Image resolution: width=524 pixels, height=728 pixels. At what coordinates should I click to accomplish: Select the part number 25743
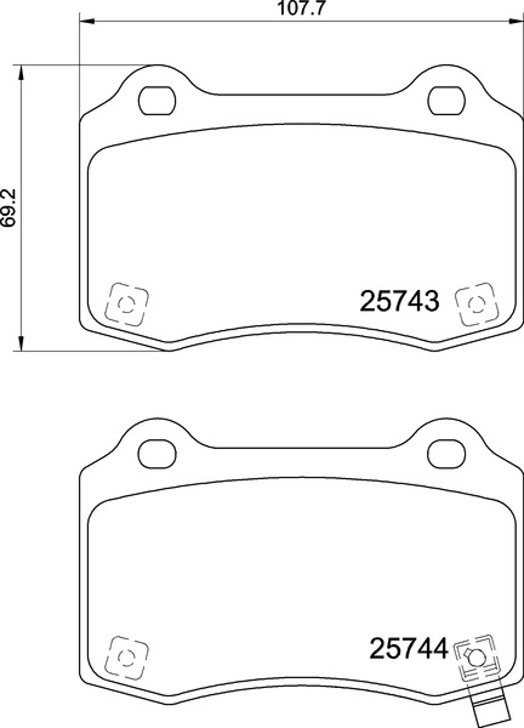[x=399, y=301]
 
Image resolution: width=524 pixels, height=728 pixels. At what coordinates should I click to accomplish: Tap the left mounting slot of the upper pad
[x=157, y=100]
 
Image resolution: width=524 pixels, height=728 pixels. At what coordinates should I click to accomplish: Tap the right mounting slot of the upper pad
[x=447, y=100]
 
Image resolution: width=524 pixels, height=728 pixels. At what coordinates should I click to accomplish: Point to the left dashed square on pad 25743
[x=126, y=304]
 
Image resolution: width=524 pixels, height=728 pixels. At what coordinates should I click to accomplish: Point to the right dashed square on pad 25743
[x=477, y=304]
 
